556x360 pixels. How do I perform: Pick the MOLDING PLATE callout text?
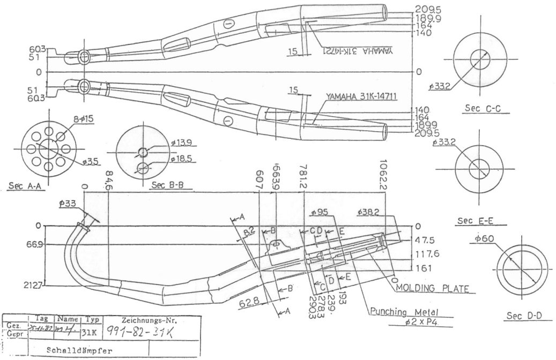432,288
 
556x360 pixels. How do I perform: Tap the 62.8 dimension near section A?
249,303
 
